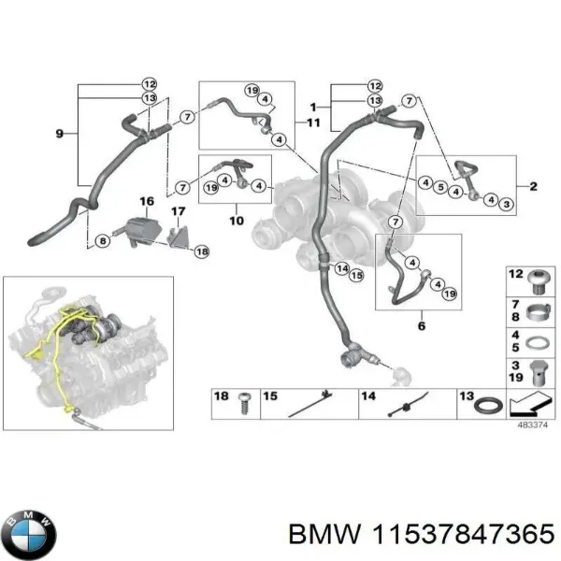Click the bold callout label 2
(532, 186)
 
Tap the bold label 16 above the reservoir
(146, 201)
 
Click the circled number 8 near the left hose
(102, 241)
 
